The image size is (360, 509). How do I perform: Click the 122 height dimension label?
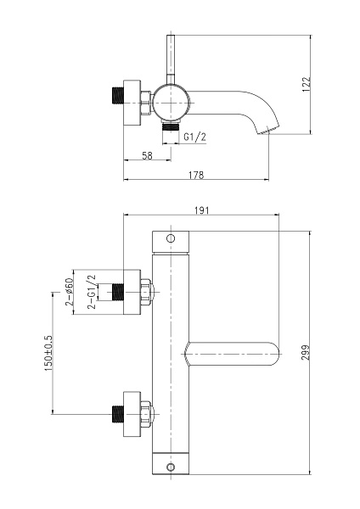(307, 84)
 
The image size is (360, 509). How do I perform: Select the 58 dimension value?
(147, 156)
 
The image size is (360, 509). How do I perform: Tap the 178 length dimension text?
(196, 176)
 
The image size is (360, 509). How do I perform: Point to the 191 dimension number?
(202, 210)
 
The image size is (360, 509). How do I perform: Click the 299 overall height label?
(306, 353)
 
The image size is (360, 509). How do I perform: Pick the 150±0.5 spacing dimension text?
(48, 354)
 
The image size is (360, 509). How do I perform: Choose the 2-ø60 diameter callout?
(70, 292)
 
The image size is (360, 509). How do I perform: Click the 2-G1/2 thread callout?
(93, 292)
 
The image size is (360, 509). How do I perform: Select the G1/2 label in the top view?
(195, 137)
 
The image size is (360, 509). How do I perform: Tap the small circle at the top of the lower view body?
(171, 238)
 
